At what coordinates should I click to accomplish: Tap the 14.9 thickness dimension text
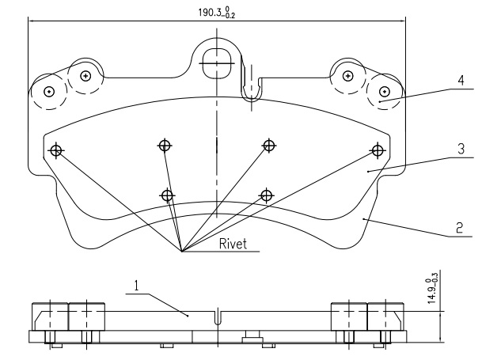point(432,290)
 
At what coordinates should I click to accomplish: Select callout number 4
point(459,81)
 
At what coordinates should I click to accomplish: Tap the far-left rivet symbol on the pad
point(56,150)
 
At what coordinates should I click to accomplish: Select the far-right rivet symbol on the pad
point(378,149)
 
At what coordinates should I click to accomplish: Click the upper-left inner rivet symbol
point(164,145)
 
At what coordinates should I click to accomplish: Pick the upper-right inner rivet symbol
point(269,145)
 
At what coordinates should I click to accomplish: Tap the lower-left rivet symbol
point(166,195)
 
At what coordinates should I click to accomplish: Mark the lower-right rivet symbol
point(267,195)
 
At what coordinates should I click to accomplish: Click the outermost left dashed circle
point(48,91)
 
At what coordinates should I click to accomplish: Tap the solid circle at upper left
point(85,76)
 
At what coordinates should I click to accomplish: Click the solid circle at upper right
point(347,76)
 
